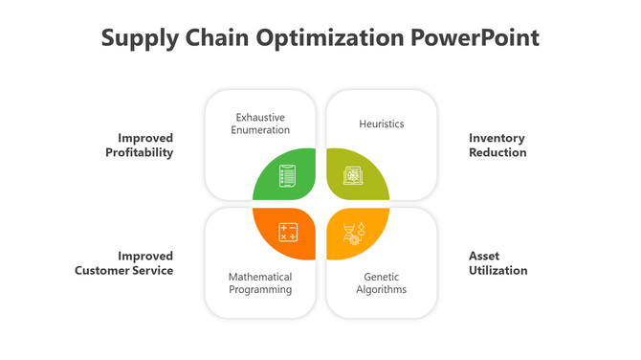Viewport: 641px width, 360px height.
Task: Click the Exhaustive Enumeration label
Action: click(x=260, y=124)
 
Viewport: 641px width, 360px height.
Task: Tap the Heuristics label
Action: click(x=382, y=124)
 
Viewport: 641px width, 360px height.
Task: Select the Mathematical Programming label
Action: click(x=260, y=282)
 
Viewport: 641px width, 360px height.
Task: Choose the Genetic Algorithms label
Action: click(x=382, y=282)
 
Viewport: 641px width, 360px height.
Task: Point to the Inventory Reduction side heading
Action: click(x=497, y=145)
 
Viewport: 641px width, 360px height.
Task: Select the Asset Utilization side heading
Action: click(x=497, y=263)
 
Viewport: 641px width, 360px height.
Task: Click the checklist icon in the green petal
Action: click(x=287, y=176)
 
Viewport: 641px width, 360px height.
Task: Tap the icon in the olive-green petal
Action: click(x=354, y=176)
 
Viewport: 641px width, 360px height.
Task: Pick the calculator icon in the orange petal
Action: click(x=287, y=232)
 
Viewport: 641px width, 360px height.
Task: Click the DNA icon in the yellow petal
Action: click(x=352, y=232)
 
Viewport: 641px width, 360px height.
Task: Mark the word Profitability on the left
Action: click(x=140, y=152)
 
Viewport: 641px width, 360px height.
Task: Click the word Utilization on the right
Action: click(x=497, y=271)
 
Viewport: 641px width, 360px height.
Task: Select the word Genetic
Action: click(x=382, y=276)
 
